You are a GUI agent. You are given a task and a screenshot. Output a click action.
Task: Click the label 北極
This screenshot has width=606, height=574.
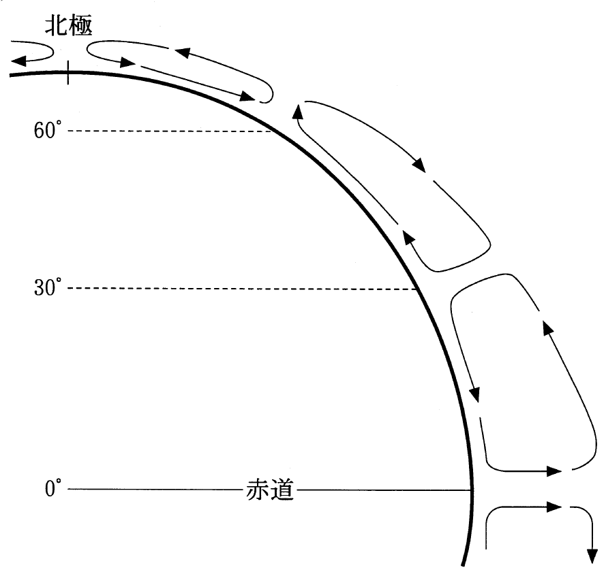click(x=69, y=26)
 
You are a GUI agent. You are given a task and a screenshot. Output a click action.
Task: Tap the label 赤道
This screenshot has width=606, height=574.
click(x=270, y=490)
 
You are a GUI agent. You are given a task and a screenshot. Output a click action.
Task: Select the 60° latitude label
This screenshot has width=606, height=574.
click(x=48, y=130)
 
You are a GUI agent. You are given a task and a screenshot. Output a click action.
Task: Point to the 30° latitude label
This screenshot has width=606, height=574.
click(x=48, y=287)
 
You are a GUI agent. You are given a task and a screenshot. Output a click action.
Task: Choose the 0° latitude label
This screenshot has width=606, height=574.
click(x=53, y=488)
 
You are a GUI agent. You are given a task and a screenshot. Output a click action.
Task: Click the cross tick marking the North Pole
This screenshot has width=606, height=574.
click(x=68, y=73)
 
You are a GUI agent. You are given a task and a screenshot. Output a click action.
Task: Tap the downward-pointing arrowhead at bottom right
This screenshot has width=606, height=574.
click(x=592, y=556)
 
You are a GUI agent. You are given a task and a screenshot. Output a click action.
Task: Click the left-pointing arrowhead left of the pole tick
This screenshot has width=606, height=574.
click(x=18, y=61)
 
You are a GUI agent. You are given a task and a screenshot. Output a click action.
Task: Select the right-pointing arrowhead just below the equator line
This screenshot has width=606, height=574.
click(x=554, y=506)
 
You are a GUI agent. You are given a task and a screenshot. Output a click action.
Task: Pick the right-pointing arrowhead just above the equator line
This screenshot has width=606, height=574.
click(x=554, y=471)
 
